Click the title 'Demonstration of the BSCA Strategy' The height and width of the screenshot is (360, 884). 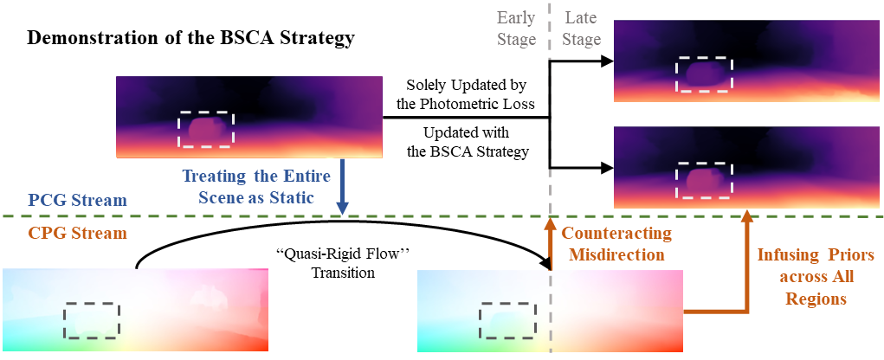[x=191, y=39]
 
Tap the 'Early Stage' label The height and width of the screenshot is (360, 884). [x=516, y=29]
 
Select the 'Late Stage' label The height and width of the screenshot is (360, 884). [x=582, y=29]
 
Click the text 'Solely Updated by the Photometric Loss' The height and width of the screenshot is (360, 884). [x=466, y=95]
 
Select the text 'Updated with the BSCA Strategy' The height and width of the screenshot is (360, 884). [x=466, y=142]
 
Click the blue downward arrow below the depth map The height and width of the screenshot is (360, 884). [x=342, y=187]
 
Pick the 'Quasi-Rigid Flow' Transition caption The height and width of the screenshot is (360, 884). [x=344, y=264]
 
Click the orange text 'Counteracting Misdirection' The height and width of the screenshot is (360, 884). [x=617, y=243]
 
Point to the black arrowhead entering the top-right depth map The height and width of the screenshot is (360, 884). [x=607, y=61]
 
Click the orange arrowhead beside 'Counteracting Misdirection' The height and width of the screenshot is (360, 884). [x=551, y=223]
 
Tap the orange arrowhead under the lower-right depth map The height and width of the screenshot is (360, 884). [x=747, y=215]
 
